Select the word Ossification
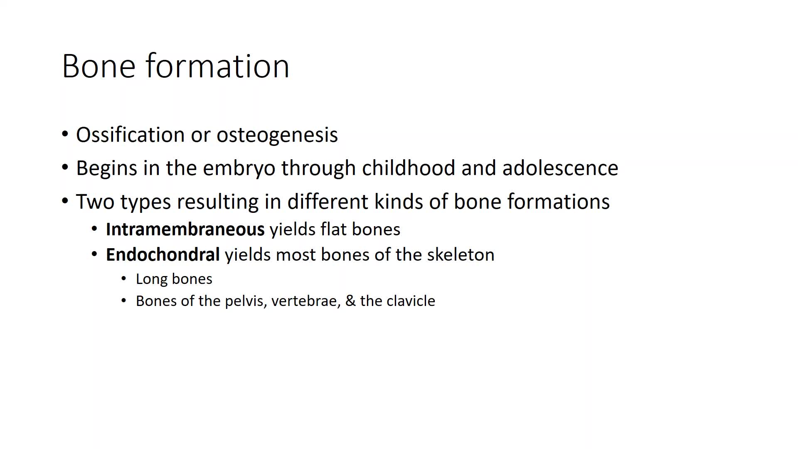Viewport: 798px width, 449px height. [x=131, y=135]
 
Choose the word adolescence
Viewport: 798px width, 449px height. [x=560, y=168]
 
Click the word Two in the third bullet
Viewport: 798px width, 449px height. [x=95, y=202]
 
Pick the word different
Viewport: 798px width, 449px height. [x=328, y=202]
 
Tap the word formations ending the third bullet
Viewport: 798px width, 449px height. [x=558, y=202]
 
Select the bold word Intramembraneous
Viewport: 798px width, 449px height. [x=185, y=229]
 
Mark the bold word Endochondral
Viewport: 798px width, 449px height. [x=163, y=255]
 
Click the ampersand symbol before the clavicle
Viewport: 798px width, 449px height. [x=350, y=301]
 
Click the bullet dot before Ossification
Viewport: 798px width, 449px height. [x=65, y=134]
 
